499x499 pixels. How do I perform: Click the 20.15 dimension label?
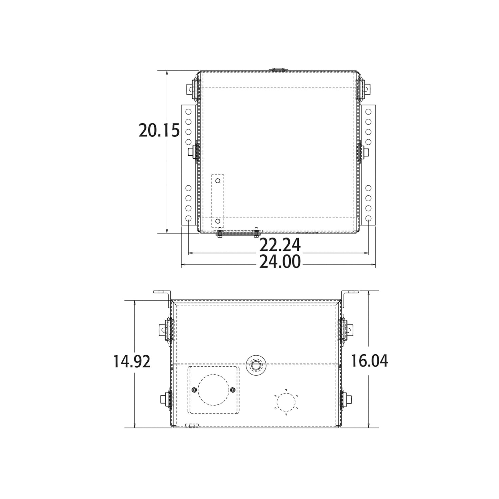click(159, 130)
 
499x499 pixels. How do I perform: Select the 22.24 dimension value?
click(280, 246)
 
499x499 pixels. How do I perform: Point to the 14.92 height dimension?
click(132, 361)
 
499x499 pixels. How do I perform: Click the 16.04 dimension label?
click(369, 361)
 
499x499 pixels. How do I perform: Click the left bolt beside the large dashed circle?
click(194, 390)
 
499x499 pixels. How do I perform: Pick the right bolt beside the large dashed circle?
click(232, 390)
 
